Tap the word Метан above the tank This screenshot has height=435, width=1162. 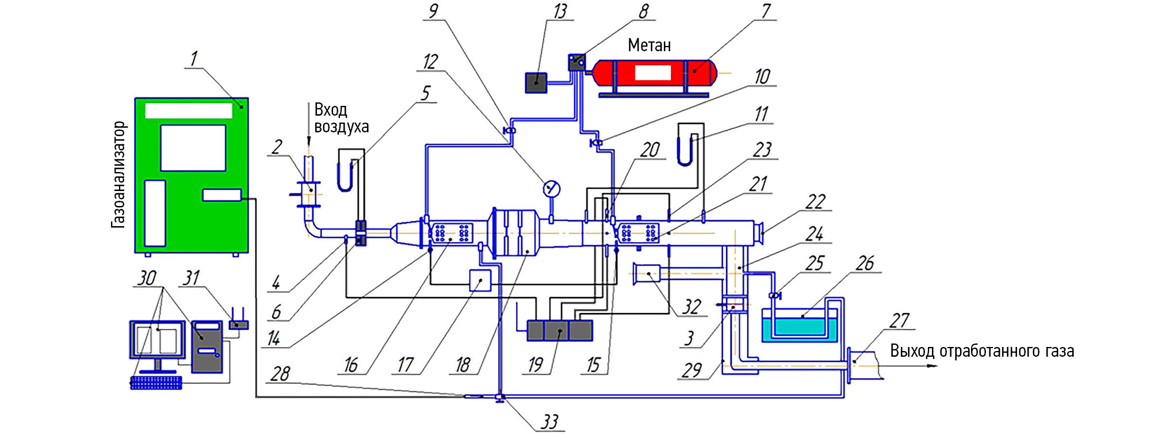pos(649,45)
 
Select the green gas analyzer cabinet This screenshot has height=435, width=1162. pos(192,175)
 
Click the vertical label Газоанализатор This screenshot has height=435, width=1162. pos(118,174)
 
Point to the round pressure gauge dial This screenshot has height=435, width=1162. pos(551,188)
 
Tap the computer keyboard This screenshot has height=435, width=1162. pos(156,383)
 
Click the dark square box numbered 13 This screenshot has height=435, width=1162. pos(536,83)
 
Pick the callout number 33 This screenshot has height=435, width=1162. pos(549,422)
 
